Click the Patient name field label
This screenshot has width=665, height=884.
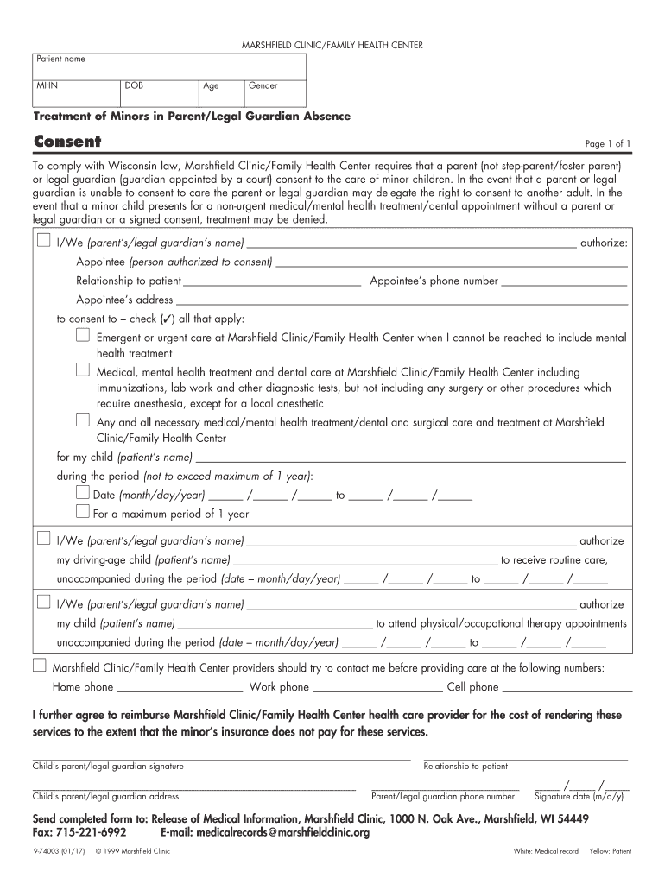(x=60, y=59)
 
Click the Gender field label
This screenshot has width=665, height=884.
(x=263, y=86)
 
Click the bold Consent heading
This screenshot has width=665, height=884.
(x=66, y=142)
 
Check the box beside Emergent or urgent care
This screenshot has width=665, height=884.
(x=83, y=336)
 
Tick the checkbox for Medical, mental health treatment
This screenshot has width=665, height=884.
(x=83, y=369)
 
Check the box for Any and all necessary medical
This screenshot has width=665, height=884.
(x=83, y=420)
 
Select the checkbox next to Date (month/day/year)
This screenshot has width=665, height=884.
(x=83, y=493)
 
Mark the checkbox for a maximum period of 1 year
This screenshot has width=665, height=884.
(x=83, y=512)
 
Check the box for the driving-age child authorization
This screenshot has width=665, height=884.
(x=42, y=540)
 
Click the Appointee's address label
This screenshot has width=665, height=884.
(x=124, y=300)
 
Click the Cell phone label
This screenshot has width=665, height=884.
(x=472, y=687)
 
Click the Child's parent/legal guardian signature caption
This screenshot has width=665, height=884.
(x=108, y=766)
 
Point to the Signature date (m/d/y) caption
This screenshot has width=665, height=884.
(x=579, y=797)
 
